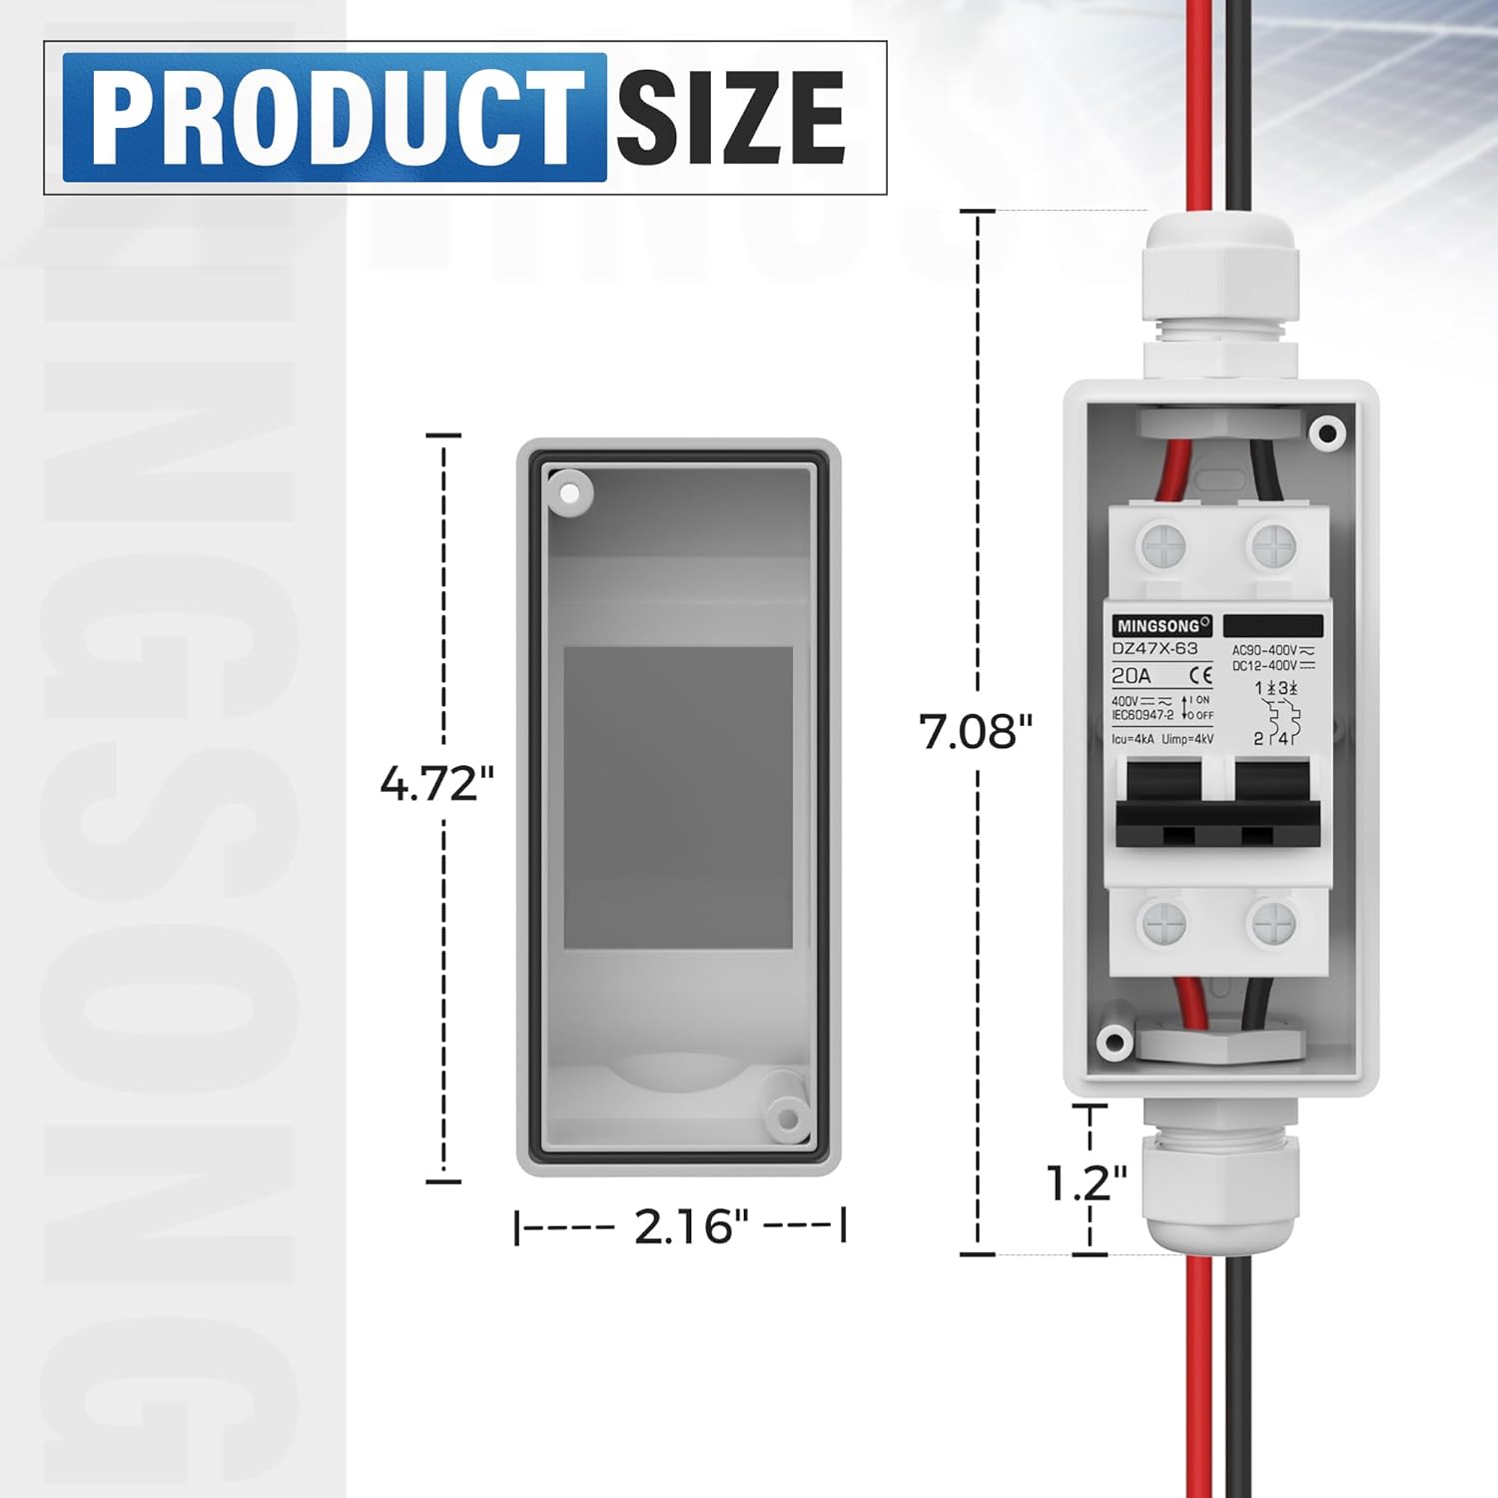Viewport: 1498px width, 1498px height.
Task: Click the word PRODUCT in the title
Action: point(335,118)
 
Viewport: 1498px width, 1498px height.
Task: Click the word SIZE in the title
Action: point(730,118)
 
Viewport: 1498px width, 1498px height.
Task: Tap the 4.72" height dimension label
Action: point(436,784)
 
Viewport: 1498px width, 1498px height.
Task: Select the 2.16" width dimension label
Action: point(690,1226)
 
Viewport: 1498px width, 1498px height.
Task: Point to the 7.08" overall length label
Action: point(975,732)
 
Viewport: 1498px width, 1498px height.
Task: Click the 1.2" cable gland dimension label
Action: point(1086,1183)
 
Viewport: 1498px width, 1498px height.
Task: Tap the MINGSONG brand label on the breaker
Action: point(1161,626)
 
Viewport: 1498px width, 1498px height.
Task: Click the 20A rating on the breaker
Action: point(1131,676)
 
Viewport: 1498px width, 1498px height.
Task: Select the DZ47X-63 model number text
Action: point(1154,649)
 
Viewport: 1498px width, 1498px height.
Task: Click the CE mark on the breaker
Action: point(1200,676)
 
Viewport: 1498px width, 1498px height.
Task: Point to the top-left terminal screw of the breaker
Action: point(1163,546)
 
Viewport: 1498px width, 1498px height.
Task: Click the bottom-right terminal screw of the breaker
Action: point(1273,924)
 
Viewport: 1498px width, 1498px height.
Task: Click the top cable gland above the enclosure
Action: point(1219,290)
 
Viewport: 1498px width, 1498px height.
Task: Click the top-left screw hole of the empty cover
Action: point(569,492)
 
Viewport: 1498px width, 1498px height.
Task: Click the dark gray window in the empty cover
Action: point(678,797)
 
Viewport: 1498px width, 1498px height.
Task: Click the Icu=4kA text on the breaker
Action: point(1132,740)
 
